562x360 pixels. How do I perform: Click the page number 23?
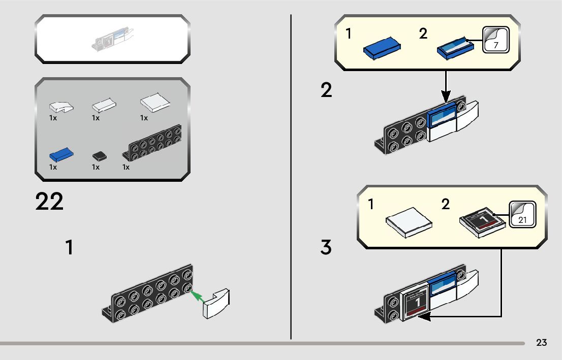(x=541, y=343)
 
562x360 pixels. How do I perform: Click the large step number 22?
(x=50, y=202)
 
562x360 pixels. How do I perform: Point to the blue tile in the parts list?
(x=61, y=154)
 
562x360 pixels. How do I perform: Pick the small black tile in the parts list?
(x=99, y=155)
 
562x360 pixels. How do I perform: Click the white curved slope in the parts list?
(x=60, y=107)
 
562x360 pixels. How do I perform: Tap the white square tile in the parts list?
(x=155, y=103)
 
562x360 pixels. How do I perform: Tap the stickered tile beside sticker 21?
(x=483, y=222)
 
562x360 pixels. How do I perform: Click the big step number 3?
(x=326, y=247)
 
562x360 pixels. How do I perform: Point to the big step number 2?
(x=326, y=90)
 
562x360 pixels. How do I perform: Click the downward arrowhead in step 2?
(x=446, y=95)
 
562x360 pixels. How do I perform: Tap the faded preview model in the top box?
(x=114, y=40)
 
